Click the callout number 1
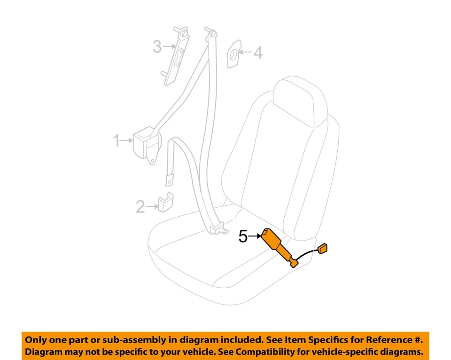pos(116,141)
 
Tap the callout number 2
pos(140,206)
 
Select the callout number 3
pos(157,47)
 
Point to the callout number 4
pos(258,53)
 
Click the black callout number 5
pos(243,236)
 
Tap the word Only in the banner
pos(36,340)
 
